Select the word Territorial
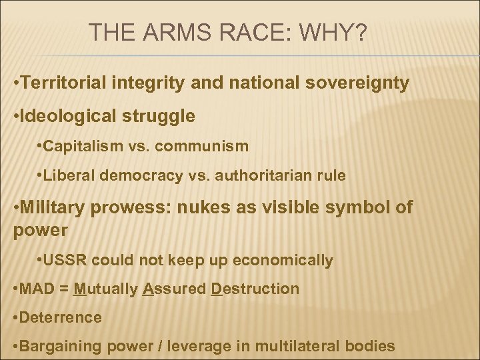click(x=62, y=85)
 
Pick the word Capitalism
click(x=82, y=145)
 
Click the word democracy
click(x=153, y=176)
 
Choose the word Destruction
click(x=256, y=289)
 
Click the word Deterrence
click(x=60, y=317)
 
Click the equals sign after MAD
click(x=63, y=289)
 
